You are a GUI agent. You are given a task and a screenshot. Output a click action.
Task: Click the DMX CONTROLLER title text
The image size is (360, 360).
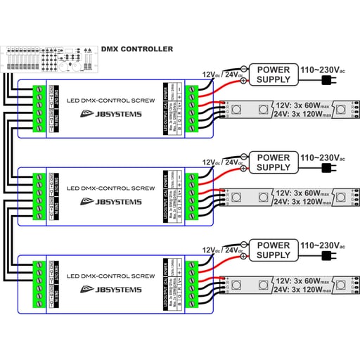pyautogui.click(x=138, y=49)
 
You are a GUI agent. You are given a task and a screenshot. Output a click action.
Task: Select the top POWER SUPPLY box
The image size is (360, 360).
pyautogui.click(x=273, y=75)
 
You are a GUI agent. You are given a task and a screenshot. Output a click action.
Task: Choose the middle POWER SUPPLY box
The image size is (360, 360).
pyautogui.click(x=273, y=162)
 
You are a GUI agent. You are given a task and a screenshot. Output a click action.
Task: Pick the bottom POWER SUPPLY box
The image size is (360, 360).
pyautogui.click(x=273, y=250)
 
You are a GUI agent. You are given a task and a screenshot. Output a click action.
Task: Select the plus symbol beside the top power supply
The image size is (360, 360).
pyautogui.click(x=244, y=81)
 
